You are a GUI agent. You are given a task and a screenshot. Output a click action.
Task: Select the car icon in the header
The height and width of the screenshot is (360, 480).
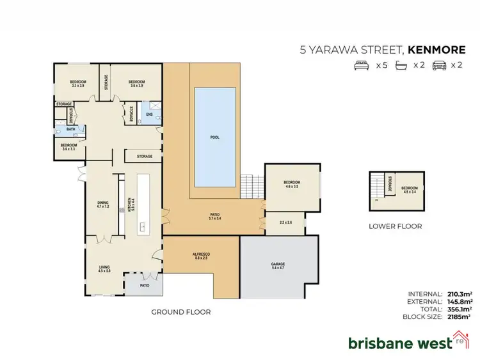click(x=439, y=65)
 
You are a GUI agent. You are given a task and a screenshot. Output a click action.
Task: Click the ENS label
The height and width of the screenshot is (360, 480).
click(x=149, y=114)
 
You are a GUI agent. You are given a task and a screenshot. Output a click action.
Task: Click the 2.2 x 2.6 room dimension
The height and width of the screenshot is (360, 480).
click(x=285, y=223)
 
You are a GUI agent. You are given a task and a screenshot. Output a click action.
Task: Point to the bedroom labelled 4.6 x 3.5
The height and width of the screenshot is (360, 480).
click(x=292, y=184)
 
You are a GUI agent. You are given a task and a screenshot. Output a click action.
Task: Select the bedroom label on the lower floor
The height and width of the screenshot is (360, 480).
click(x=410, y=189)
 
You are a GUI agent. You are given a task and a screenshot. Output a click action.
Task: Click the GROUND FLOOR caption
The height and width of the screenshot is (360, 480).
click(x=180, y=312)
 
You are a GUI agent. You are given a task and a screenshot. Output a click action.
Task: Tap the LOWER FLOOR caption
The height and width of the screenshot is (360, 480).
click(x=395, y=226)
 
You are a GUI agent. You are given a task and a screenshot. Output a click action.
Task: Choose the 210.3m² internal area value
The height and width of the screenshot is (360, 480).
click(x=458, y=293)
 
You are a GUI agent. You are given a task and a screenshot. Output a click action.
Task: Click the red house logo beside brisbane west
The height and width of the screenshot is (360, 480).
click(x=459, y=340)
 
